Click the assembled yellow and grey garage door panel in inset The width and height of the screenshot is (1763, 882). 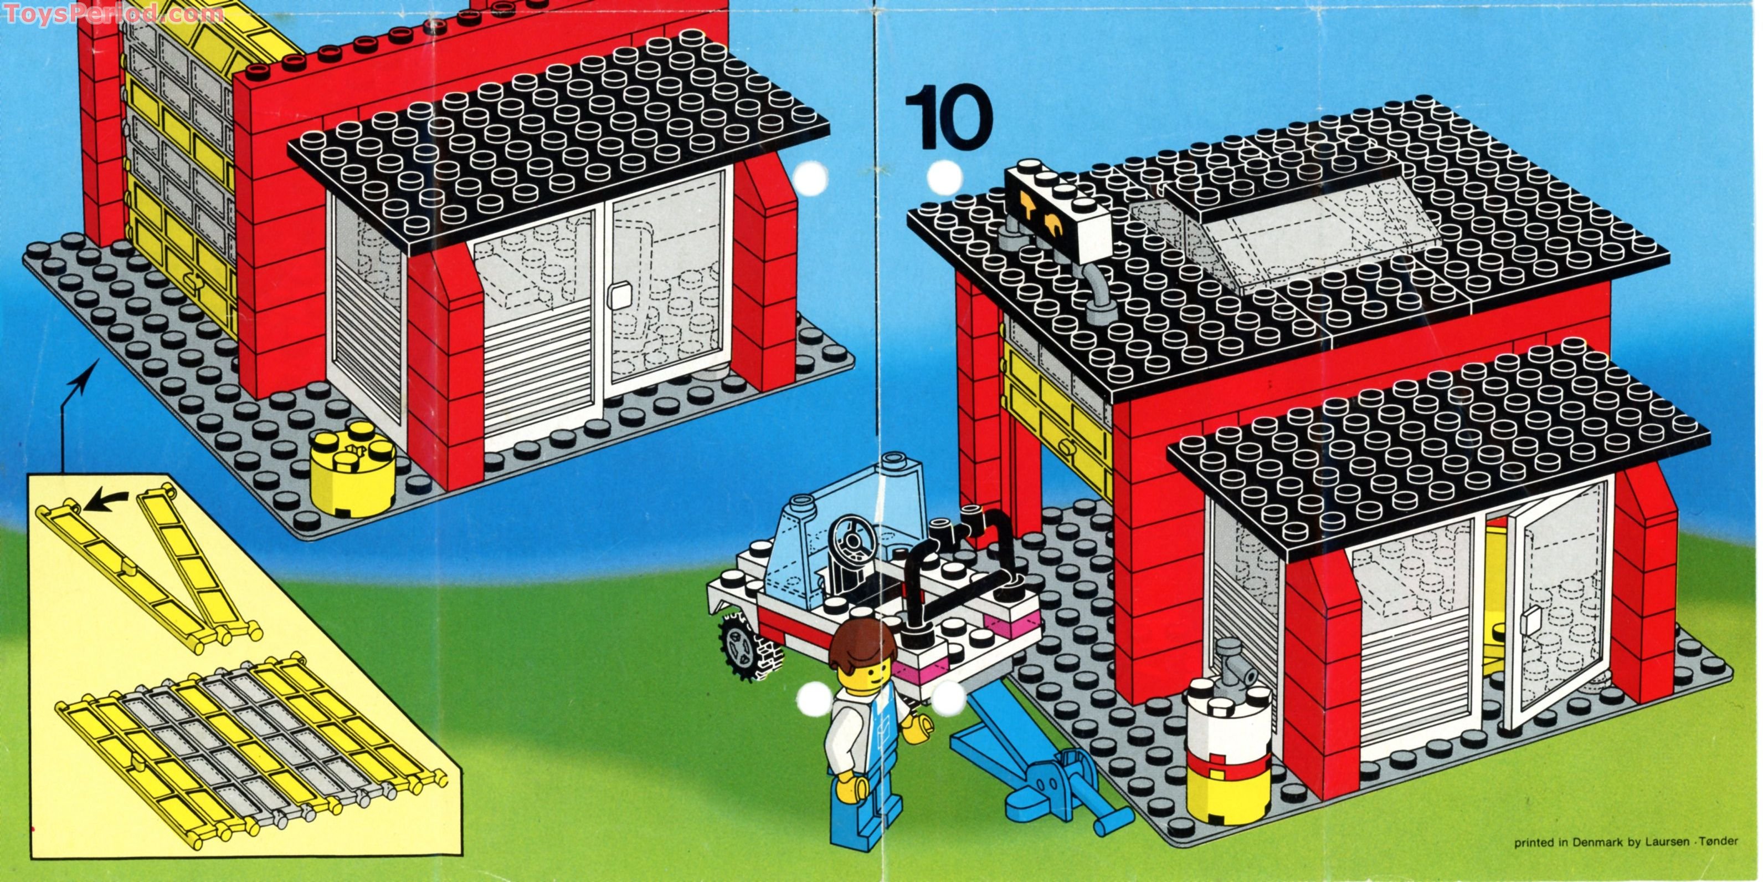[246, 746]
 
